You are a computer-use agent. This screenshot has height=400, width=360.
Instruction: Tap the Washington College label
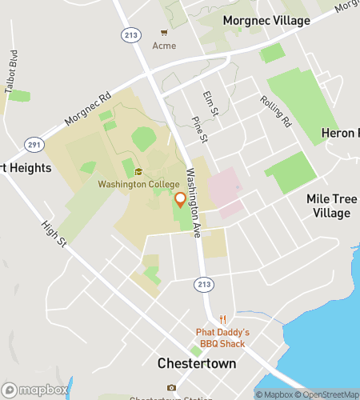(138, 184)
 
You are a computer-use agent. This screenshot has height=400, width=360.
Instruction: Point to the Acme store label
(164, 46)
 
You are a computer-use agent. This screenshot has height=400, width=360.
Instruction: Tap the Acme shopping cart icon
(164, 33)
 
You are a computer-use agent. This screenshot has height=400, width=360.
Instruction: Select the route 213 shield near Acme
(130, 34)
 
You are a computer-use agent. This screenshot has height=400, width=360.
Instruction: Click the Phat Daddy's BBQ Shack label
(223, 338)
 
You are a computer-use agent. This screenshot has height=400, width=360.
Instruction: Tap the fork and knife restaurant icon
(223, 318)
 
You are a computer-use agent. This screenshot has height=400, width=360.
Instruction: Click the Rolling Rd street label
(275, 111)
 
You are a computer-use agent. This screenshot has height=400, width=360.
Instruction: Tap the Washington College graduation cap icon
(138, 171)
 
